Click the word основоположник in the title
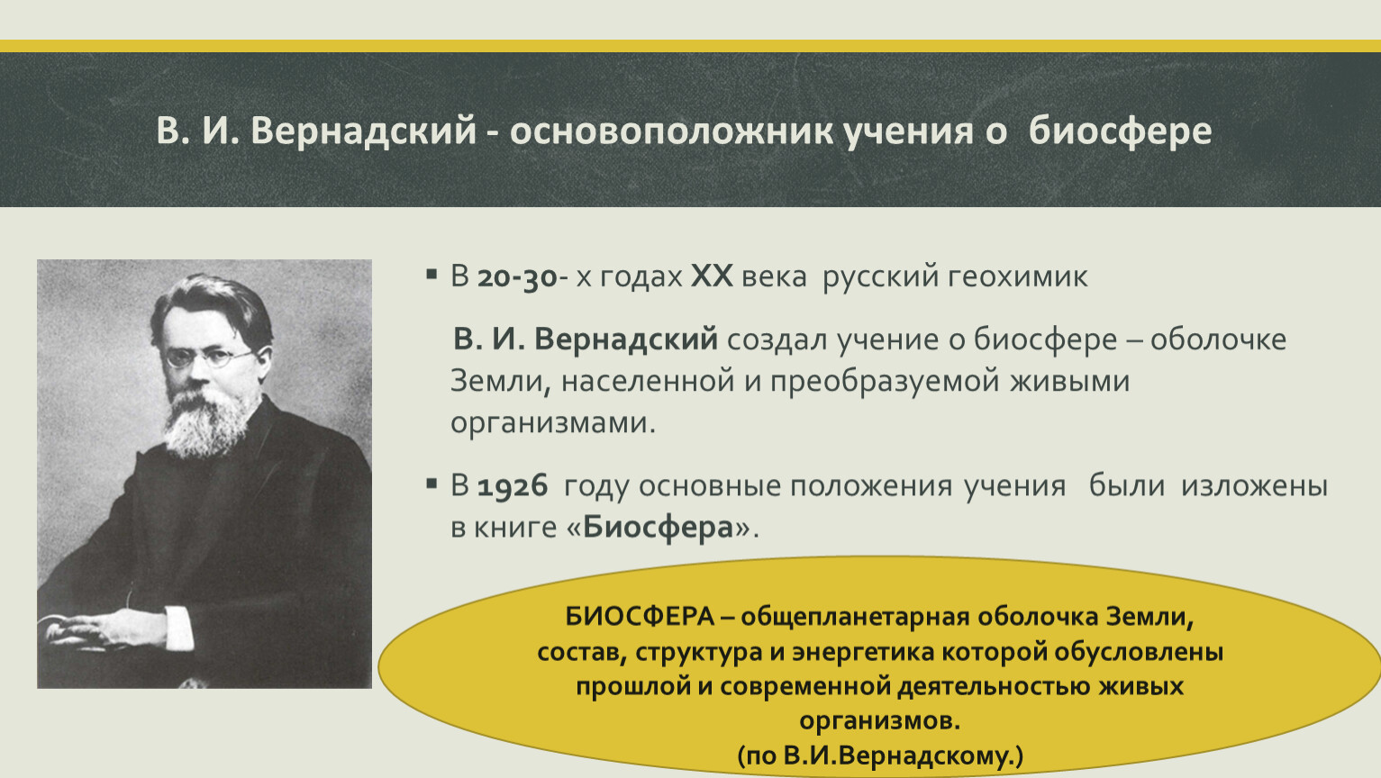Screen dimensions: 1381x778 (671, 131)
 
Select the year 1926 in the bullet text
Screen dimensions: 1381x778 (513, 485)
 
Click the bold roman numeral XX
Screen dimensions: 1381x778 (712, 276)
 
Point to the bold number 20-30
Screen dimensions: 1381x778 (517, 276)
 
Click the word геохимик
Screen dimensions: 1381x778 (1017, 276)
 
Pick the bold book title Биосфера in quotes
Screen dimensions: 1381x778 (658, 527)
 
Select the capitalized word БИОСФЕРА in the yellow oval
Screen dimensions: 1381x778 (640, 617)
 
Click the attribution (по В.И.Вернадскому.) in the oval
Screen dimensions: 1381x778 (880, 755)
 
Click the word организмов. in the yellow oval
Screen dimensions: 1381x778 (880, 720)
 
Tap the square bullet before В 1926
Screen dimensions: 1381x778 (432, 484)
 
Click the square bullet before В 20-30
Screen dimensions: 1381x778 (432, 274)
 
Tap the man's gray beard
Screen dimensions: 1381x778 (207, 422)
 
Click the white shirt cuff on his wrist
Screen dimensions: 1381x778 (178, 628)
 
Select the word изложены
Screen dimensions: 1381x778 (1254, 485)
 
